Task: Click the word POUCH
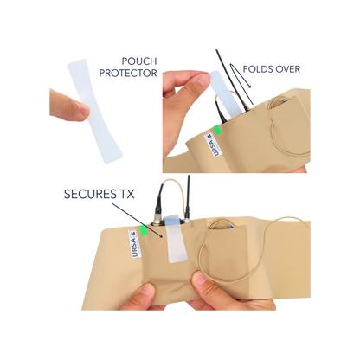(x=139, y=61)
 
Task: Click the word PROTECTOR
(x=128, y=73)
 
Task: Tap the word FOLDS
(x=257, y=69)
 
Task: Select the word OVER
(x=287, y=69)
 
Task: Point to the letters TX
(x=125, y=194)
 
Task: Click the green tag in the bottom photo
(x=143, y=231)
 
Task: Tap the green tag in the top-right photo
(x=217, y=130)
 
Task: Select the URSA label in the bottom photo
(x=134, y=243)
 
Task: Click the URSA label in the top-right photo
(x=212, y=145)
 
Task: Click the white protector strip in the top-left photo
(x=94, y=111)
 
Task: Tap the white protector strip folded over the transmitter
(x=175, y=239)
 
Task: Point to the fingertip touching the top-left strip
(x=84, y=111)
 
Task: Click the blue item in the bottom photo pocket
(x=230, y=227)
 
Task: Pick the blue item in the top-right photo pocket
(x=285, y=101)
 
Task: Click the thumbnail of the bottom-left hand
(x=149, y=290)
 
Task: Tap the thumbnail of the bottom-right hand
(x=199, y=279)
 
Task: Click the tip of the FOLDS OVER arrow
(x=250, y=87)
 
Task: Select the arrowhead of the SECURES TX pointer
(x=162, y=236)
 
